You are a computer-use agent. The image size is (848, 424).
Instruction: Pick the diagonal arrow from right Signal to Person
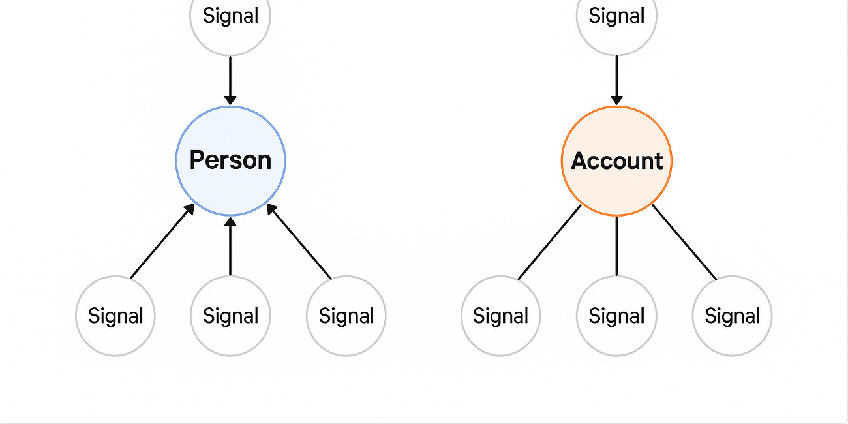(299, 241)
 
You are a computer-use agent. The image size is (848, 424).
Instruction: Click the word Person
(230, 160)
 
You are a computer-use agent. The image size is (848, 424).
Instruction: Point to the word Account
(616, 161)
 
